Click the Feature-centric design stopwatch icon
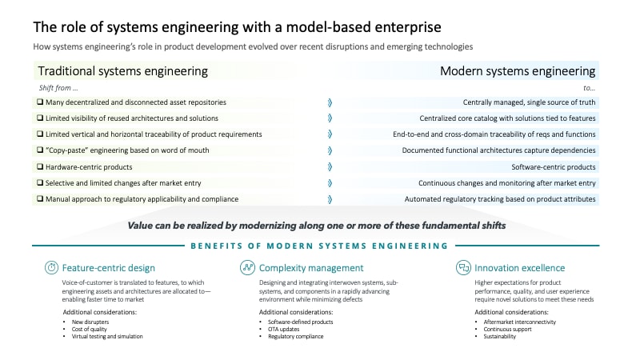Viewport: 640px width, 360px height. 50,267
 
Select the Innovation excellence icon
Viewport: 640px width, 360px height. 462,267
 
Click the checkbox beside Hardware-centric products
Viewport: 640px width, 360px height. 40,166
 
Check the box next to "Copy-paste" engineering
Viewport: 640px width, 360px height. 40,150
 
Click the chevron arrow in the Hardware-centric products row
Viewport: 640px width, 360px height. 330,166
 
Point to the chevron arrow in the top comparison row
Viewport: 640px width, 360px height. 330,102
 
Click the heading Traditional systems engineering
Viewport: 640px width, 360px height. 123,71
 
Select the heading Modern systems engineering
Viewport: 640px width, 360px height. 518,71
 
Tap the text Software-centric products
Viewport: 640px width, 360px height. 554,166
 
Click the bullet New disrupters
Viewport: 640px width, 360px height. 92,321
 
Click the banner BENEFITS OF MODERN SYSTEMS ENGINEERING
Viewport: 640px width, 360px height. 318,246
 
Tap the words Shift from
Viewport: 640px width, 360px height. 58,87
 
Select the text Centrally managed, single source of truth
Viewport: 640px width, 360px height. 529,102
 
